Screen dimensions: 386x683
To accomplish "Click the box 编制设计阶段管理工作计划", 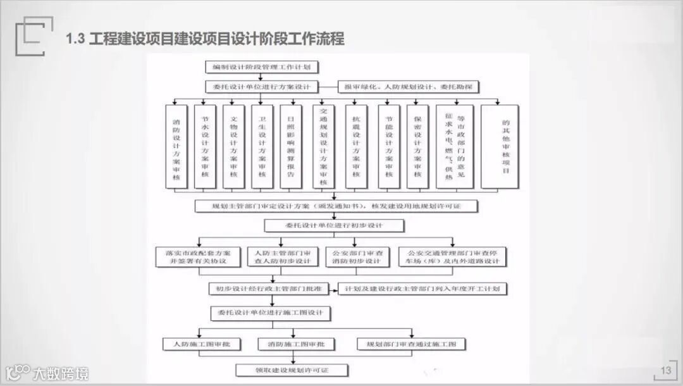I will [x=261, y=66].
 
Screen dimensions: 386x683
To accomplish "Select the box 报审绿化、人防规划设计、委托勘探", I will [x=410, y=87].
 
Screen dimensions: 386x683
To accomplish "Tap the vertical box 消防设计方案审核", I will [x=176, y=146].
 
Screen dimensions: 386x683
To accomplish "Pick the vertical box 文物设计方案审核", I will [x=233, y=146].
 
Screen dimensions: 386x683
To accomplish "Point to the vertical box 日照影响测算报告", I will [x=291, y=146].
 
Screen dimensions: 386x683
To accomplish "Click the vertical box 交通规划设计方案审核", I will [x=324, y=146].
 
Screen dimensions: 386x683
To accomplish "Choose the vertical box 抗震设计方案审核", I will [x=356, y=146].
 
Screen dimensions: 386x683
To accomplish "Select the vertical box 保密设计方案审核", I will [x=417, y=146].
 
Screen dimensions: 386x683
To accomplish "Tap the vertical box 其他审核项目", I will [x=500, y=146].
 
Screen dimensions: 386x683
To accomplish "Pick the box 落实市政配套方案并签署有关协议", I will [x=197, y=256].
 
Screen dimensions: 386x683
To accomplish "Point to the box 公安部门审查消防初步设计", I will [x=357, y=256].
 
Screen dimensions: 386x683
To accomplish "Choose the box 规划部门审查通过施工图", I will [x=411, y=344].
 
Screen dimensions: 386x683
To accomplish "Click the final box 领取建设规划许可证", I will [x=292, y=370].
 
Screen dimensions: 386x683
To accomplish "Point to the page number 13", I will [x=665, y=370].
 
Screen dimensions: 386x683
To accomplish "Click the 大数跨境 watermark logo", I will [x=47, y=372].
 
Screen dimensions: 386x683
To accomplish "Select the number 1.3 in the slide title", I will [x=75, y=39].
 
